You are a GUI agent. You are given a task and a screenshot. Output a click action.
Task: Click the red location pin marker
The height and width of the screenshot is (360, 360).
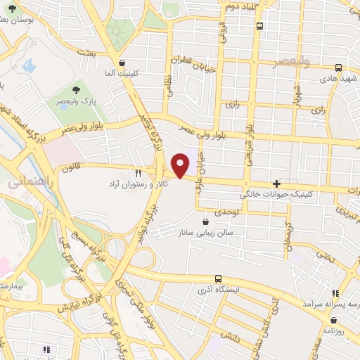point(181,164)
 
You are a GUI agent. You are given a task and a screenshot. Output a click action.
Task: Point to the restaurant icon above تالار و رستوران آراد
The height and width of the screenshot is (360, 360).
point(138,173)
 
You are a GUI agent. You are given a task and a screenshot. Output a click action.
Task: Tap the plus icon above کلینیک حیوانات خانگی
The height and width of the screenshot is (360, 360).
point(285,183)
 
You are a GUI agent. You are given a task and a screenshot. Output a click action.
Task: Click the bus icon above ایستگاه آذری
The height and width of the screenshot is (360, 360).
point(219,278)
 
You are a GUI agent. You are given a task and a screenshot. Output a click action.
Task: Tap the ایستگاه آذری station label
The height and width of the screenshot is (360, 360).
point(219,289)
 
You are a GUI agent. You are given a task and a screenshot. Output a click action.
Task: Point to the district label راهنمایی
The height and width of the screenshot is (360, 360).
point(27,182)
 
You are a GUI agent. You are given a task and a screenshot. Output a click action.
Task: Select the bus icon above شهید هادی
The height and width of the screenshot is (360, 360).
point(338,68)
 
